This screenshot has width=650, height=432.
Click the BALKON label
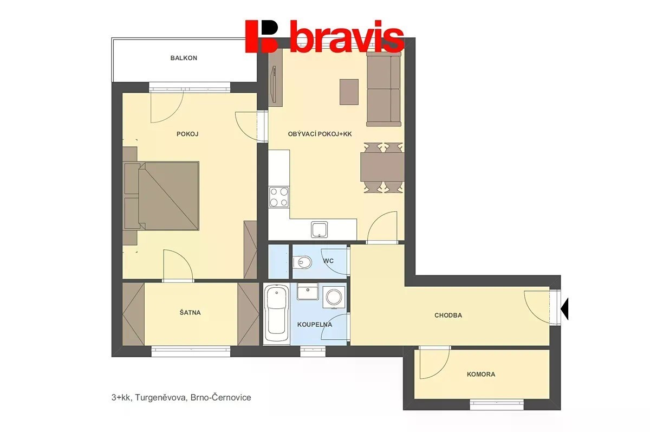pyautogui.click(x=184, y=58)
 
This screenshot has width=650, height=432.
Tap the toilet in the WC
pyautogui.click(x=302, y=262)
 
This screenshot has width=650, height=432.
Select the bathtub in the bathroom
pyautogui.click(x=277, y=314)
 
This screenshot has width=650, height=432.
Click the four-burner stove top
pyautogui.click(x=279, y=197)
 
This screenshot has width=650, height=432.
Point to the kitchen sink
pyautogui.click(x=320, y=230)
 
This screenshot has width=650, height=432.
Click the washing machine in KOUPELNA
pyautogui.click(x=334, y=296)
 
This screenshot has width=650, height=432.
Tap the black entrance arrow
pyautogui.click(x=564, y=309)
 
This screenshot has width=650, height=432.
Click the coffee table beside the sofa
pyautogui.click(x=349, y=92)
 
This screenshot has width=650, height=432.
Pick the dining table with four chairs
pyautogui.click(x=383, y=167)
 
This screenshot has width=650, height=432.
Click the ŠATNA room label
pyautogui.click(x=190, y=313)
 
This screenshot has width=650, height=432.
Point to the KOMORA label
pyautogui.click(x=481, y=375)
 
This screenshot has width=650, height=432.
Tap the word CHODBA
pyautogui.click(x=448, y=315)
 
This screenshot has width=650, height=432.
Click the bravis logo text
pyautogui.click(x=347, y=36)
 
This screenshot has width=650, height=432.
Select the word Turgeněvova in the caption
pyautogui.click(x=160, y=397)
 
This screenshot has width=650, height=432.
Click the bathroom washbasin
pyautogui.click(x=308, y=292)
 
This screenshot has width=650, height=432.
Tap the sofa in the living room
pyautogui.click(x=383, y=88)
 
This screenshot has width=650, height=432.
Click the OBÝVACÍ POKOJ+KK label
pyautogui.click(x=320, y=134)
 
